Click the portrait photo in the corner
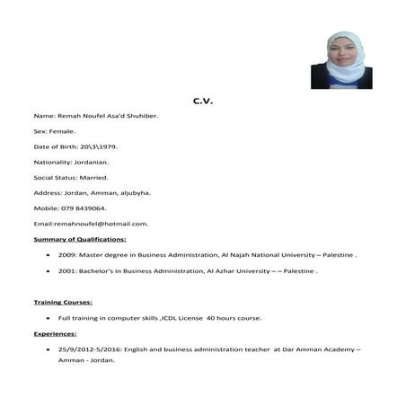(x=341, y=60)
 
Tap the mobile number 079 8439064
(x=93, y=207)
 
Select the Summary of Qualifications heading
(x=80, y=239)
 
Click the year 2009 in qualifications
(x=66, y=255)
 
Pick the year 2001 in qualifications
(x=66, y=270)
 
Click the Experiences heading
(x=56, y=333)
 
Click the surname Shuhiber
(x=139, y=116)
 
